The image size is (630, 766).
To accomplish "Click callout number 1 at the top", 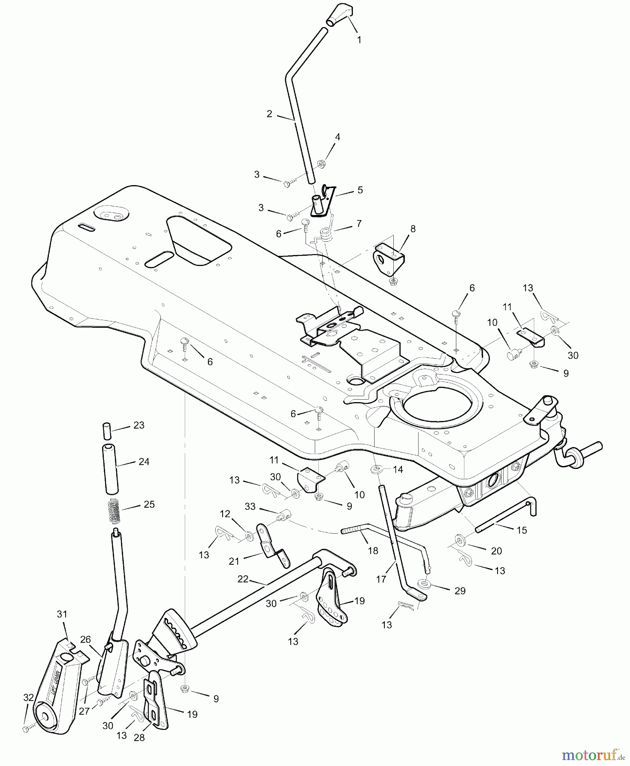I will [x=359, y=40].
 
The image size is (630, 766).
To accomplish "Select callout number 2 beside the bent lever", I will [x=269, y=114].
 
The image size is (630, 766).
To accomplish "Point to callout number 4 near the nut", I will [x=338, y=137].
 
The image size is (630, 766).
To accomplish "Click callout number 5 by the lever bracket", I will [x=360, y=190].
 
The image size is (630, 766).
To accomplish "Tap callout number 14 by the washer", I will [x=398, y=469].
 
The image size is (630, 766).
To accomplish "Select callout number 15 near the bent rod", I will [x=522, y=530].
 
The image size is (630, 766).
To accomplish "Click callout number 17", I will [x=381, y=579].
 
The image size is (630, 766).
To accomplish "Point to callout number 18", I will [x=373, y=551].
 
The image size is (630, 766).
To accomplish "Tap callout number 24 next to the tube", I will [x=144, y=461].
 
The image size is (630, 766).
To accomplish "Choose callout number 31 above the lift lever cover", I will [x=62, y=614].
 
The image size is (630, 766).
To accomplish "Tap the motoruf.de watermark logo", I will [x=594, y=755].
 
